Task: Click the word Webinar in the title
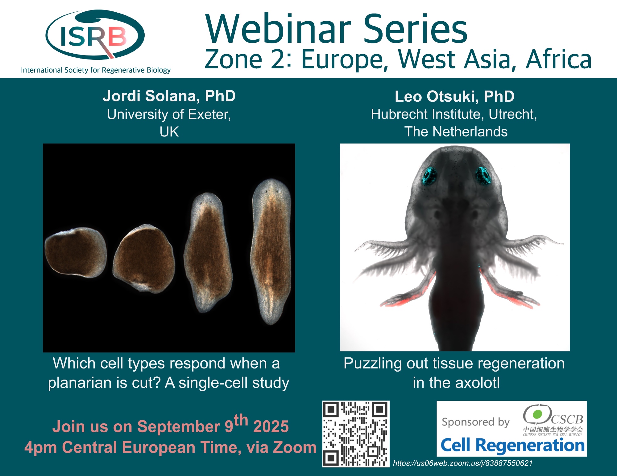[278, 29]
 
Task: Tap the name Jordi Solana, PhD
[169, 96]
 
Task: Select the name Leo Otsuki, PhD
[454, 96]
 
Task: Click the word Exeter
[209, 114]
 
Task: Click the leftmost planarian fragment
[76, 252]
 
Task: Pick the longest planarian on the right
[271, 251]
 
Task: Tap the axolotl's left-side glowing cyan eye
[429, 176]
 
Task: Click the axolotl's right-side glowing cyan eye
[483, 175]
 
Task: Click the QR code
[356, 434]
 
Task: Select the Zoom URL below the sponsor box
[463, 463]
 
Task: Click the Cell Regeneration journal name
[512, 445]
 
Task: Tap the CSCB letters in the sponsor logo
[567, 419]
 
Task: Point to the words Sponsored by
[475, 422]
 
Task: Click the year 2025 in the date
[271, 427]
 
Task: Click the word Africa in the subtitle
[559, 59]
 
